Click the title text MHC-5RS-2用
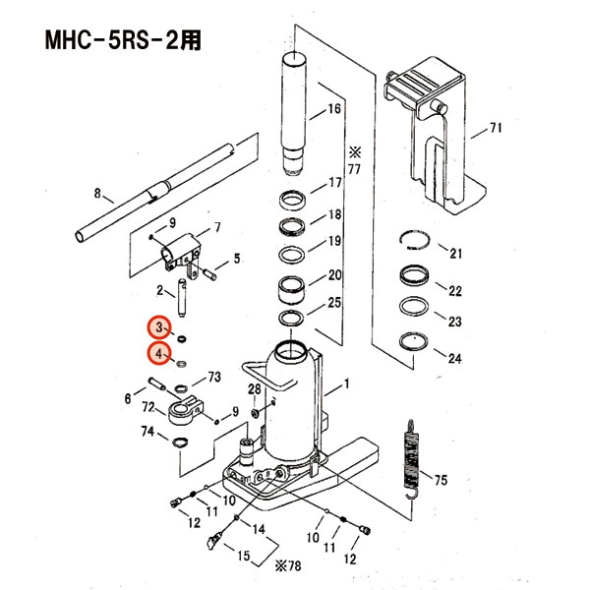click(x=128, y=42)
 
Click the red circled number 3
click(x=159, y=327)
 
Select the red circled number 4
click(x=159, y=354)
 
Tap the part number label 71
click(x=496, y=129)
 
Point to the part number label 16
click(x=333, y=109)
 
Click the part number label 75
click(x=441, y=480)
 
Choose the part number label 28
click(x=253, y=391)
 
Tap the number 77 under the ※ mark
click(x=355, y=170)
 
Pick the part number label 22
click(x=454, y=291)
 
